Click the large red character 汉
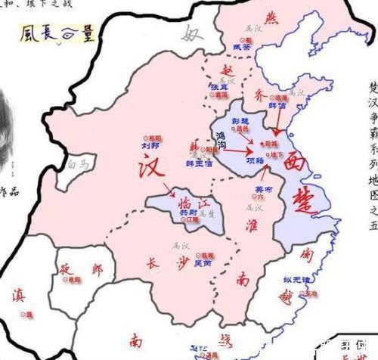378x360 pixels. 150,169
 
